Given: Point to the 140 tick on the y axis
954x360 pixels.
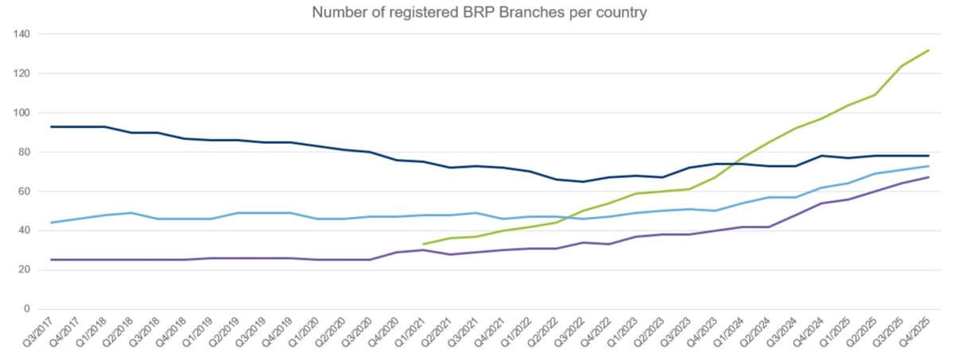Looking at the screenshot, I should point(21,34).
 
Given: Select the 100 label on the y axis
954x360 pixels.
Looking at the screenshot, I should point(21,113).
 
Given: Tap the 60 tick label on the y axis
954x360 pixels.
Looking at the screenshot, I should point(24,192).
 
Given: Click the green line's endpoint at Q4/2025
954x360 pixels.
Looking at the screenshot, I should point(929,50).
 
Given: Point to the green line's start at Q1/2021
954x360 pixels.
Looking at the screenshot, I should point(424,244).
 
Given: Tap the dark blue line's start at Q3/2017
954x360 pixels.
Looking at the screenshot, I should point(51,126).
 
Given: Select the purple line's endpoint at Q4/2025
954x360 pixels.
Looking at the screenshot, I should point(929,177).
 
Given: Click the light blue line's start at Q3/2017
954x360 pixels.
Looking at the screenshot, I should point(51,223).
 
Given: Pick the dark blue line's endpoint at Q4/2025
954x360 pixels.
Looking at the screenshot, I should point(929,156).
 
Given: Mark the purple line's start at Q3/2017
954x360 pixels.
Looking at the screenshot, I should point(51,260).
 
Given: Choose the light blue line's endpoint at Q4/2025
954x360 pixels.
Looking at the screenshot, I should point(929,166).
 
